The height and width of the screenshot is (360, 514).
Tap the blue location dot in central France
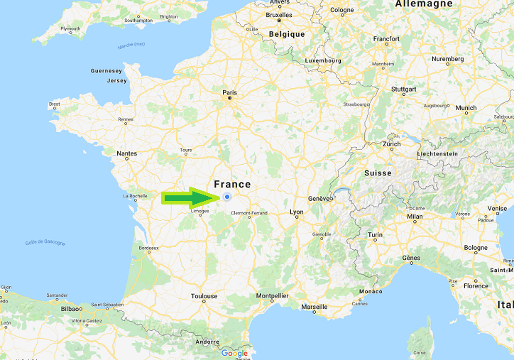pos(227,197)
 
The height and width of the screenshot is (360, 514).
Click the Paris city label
pos(229,92)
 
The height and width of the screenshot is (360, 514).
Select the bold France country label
pos(232,184)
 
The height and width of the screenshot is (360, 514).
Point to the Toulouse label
pos(204,296)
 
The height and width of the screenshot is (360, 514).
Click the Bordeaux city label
pos(148,248)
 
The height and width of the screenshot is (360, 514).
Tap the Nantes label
pos(127,153)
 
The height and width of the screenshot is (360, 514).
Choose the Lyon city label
pos(297,212)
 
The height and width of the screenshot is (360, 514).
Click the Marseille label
pos(314,307)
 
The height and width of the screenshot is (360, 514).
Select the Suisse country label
pos(378,173)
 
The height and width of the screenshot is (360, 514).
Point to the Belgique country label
pos(287,34)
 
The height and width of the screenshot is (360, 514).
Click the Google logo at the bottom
pos(234,353)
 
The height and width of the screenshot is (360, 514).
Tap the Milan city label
pos(415,216)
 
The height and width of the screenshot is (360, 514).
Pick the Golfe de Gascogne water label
pos(45,243)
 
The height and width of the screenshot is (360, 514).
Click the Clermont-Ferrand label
pos(249,213)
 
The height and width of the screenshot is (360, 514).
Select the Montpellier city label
pos(273,295)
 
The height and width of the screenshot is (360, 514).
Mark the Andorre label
pos(207,342)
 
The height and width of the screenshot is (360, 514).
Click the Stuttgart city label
pos(403,89)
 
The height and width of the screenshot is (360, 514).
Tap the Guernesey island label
pos(106,71)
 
